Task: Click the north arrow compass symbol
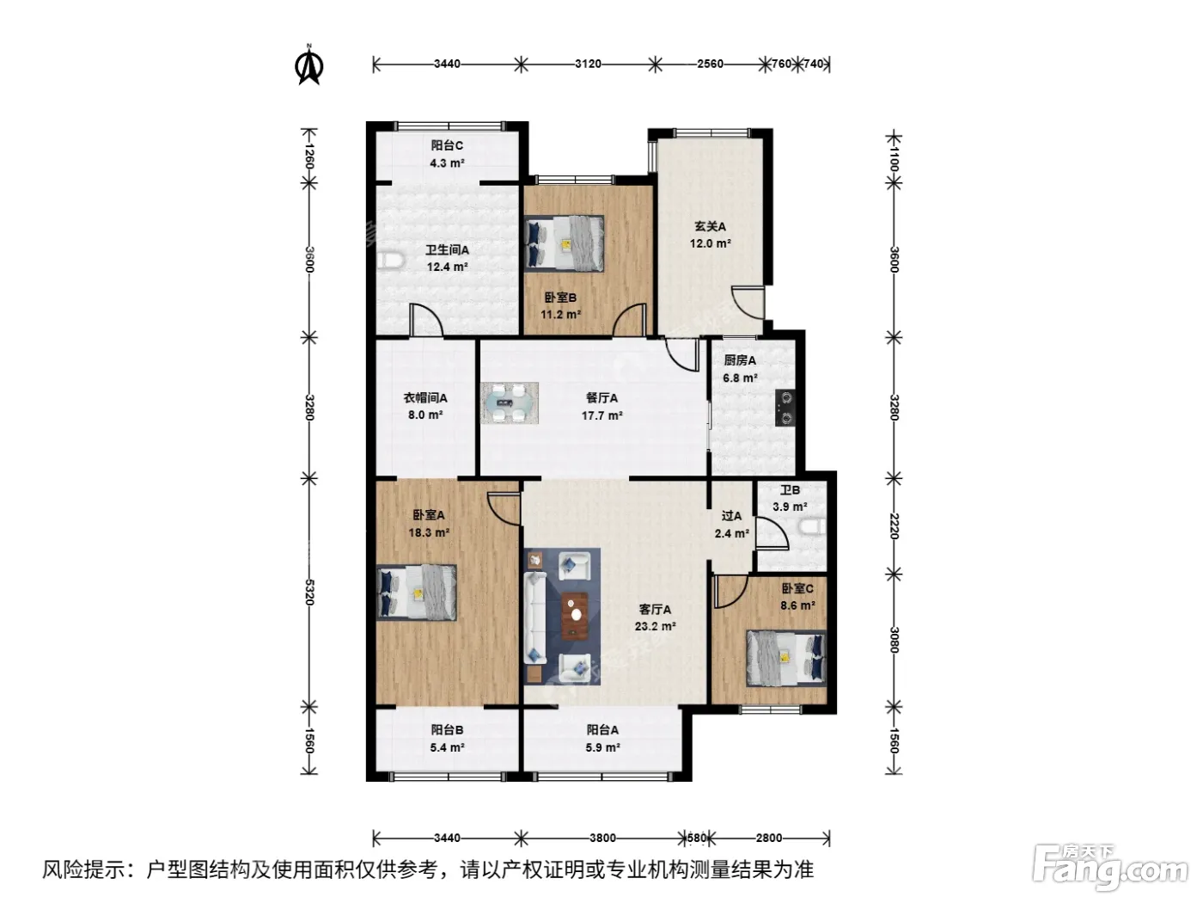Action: click(x=308, y=66)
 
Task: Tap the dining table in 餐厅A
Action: click(x=510, y=403)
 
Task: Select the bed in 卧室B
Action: click(x=564, y=243)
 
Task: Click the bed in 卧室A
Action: click(x=417, y=593)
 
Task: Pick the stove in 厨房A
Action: click(x=786, y=408)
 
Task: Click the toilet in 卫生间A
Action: click(x=390, y=260)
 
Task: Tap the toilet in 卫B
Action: click(x=813, y=527)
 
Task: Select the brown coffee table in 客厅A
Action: click(x=574, y=615)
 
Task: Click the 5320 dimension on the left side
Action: click(x=309, y=593)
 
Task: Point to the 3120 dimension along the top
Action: click(x=588, y=64)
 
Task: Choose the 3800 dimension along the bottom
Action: click(x=602, y=838)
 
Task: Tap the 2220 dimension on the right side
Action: click(x=894, y=526)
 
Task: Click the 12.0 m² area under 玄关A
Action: click(x=711, y=243)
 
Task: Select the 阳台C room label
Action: click(x=447, y=145)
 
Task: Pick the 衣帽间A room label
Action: click(x=425, y=398)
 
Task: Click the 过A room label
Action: click(x=731, y=516)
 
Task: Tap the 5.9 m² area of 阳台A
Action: click(x=602, y=747)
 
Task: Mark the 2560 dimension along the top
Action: click(x=711, y=64)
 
